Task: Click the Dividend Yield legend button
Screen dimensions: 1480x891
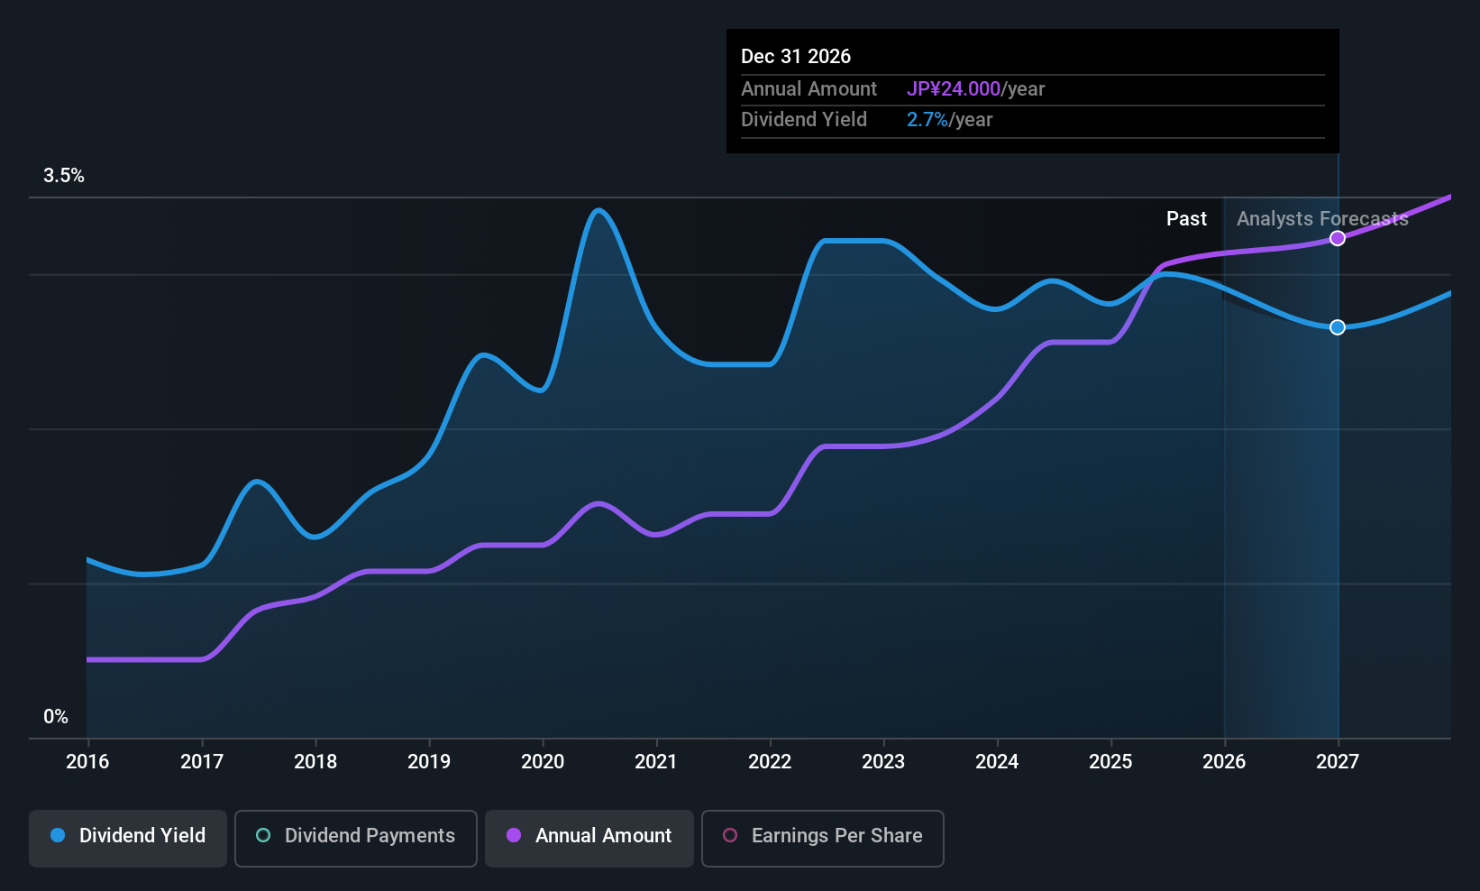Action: coord(127,838)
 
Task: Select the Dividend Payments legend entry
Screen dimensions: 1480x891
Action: coord(355,838)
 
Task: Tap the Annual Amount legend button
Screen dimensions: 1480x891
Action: coord(589,838)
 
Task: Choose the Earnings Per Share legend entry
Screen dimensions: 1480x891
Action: coord(823,838)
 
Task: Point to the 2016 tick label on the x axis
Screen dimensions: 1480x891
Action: coord(87,761)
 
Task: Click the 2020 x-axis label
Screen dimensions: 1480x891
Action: coord(543,761)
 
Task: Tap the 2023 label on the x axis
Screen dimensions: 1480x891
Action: coord(883,761)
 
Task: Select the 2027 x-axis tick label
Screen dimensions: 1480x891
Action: coord(1338,761)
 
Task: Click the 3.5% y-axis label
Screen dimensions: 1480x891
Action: coord(63,176)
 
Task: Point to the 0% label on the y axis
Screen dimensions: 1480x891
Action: coord(56,717)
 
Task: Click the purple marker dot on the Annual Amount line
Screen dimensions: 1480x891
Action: coord(1338,238)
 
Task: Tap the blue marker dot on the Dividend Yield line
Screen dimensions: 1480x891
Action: coord(1338,327)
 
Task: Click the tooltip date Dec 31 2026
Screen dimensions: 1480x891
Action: coord(796,57)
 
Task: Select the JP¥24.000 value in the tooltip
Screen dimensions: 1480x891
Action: coord(954,88)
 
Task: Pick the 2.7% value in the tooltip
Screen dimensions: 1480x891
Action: coord(927,120)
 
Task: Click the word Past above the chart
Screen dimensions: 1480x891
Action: coord(1187,219)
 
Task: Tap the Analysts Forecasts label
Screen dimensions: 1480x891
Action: coord(1323,219)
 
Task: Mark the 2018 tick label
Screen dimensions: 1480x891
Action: coord(315,761)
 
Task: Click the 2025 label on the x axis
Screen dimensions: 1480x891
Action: coord(1110,761)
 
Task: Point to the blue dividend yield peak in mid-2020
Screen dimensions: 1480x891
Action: coord(598,210)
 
